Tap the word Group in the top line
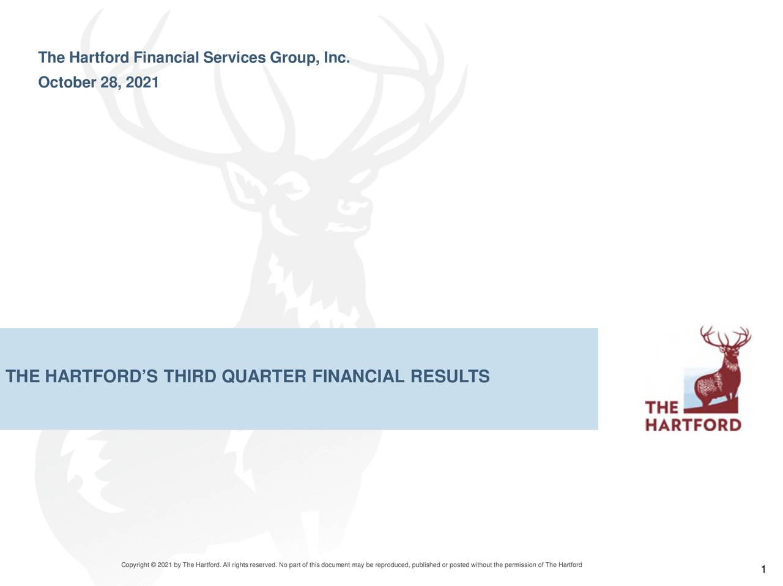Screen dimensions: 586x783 click(x=292, y=59)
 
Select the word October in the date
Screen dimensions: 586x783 click(x=67, y=82)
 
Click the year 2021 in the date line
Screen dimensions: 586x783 click(x=142, y=82)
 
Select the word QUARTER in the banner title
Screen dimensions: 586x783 click(x=264, y=377)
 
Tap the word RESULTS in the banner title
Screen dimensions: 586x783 click(x=450, y=377)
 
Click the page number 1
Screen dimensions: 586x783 click(x=763, y=571)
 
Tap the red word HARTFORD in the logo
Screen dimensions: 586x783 click(x=693, y=425)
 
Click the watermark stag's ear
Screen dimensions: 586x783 click(x=244, y=180)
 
